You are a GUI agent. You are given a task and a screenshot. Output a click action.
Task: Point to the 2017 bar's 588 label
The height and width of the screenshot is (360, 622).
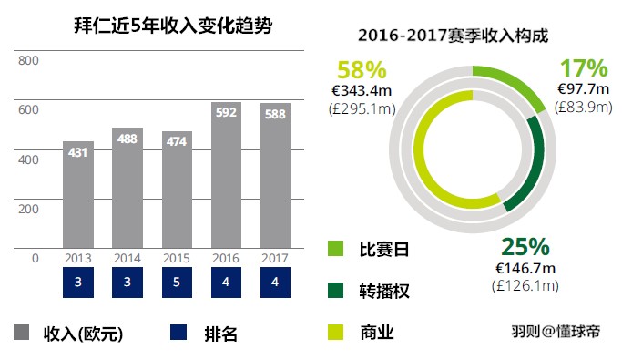click(x=275, y=114)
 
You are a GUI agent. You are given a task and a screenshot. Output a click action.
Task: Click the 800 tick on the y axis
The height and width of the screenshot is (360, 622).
click(x=29, y=61)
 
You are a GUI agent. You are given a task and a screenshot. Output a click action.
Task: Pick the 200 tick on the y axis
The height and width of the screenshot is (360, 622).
click(x=29, y=209)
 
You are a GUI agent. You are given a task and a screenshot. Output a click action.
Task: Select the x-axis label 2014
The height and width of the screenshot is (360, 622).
click(x=127, y=258)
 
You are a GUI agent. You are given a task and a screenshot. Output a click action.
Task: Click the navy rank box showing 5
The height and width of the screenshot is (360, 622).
click(x=177, y=283)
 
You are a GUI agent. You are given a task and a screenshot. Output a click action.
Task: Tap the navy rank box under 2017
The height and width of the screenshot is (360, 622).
click(x=275, y=283)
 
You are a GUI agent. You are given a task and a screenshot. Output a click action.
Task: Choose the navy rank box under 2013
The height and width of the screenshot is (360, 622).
click(x=78, y=283)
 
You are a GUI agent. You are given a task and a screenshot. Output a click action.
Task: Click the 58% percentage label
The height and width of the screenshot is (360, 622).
click(x=362, y=69)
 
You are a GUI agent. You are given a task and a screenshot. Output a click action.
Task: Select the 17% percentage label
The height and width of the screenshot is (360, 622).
click(x=583, y=68)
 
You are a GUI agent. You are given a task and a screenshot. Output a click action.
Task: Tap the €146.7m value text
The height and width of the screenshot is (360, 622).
click(x=525, y=270)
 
